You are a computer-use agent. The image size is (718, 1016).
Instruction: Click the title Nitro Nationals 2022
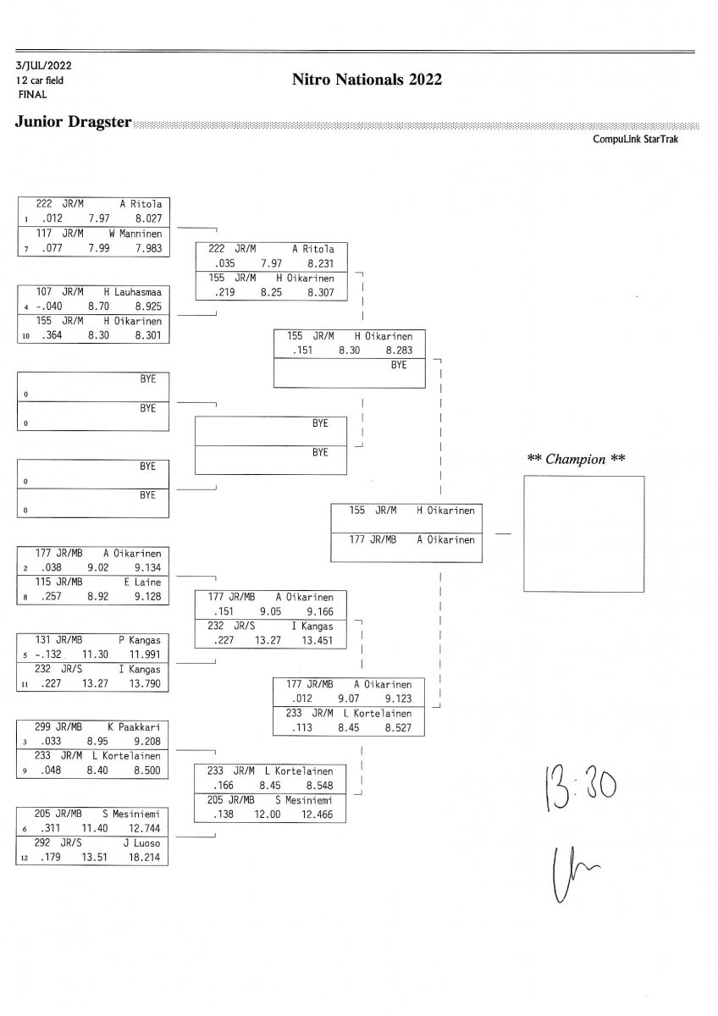point(367,80)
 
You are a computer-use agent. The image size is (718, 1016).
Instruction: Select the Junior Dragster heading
point(73,122)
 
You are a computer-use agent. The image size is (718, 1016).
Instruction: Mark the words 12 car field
point(39,80)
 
